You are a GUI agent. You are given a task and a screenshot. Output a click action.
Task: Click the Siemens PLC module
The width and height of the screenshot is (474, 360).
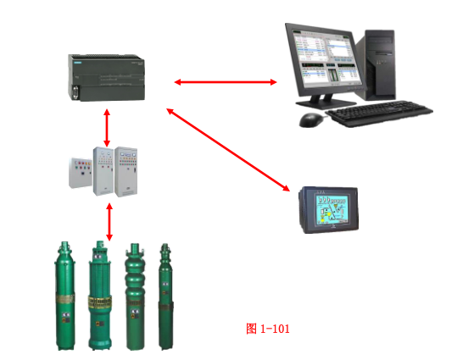point(106,78)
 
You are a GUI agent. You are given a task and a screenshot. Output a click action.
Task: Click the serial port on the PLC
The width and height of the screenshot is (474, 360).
point(75,92)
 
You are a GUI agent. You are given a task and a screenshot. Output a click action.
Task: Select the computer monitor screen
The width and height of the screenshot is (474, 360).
point(326,58)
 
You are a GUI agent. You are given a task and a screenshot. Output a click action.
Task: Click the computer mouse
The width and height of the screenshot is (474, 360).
point(311,120)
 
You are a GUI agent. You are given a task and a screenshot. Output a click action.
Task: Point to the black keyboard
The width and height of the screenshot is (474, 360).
point(379,114)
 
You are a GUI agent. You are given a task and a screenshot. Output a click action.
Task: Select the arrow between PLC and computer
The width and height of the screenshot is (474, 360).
point(226,82)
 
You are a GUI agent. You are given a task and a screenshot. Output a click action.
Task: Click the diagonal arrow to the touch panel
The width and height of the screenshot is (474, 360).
point(228,150)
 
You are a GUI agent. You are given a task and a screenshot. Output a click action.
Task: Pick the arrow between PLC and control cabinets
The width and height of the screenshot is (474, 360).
point(107,128)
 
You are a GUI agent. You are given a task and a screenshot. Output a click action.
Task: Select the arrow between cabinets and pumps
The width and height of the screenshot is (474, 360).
point(109,222)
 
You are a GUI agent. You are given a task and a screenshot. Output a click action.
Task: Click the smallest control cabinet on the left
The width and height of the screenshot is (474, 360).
point(81,173)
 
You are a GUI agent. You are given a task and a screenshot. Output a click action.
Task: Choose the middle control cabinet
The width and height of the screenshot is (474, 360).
point(103,171)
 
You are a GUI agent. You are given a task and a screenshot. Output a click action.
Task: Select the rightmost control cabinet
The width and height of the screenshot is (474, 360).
point(126,172)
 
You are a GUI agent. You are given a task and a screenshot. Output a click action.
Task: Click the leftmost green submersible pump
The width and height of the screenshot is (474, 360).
point(64,296)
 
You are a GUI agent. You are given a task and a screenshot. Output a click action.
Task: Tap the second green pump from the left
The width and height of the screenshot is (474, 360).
point(100,296)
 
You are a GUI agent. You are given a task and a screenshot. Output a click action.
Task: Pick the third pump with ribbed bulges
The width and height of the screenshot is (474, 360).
point(135,296)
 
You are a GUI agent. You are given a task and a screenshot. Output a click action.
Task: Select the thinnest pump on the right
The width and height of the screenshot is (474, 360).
point(165,296)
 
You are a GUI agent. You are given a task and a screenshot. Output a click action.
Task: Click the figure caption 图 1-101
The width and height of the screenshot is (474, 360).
point(268,329)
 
